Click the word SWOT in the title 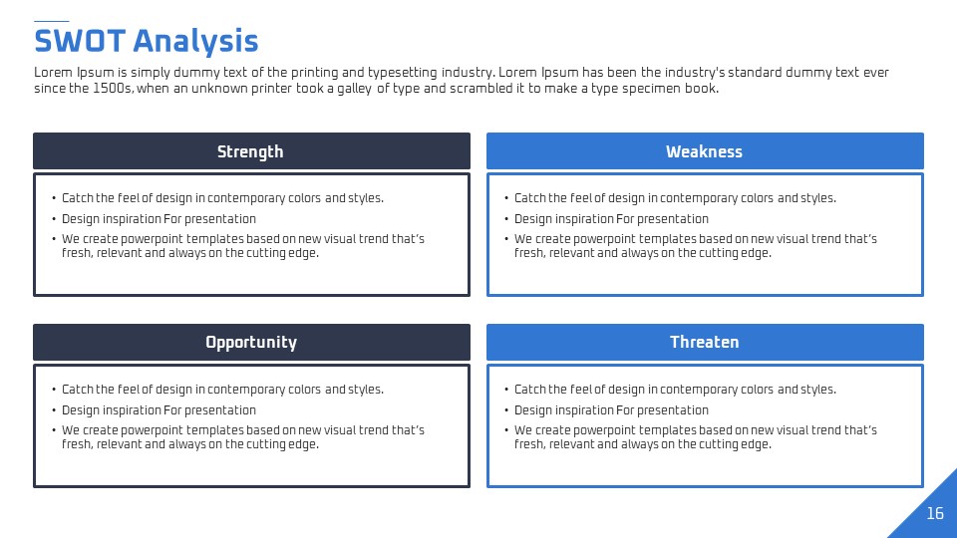[80, 41]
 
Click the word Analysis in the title [195, 42]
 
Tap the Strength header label [250, 151]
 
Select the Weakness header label [705, 151]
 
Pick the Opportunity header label [251, 343]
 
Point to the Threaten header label [705, 342]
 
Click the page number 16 [935, 514]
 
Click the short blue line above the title [51, 21]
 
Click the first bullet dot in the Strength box [54, 198]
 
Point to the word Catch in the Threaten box [530, 390]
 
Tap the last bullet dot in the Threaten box [506, 430]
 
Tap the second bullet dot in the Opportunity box [54, 410]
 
